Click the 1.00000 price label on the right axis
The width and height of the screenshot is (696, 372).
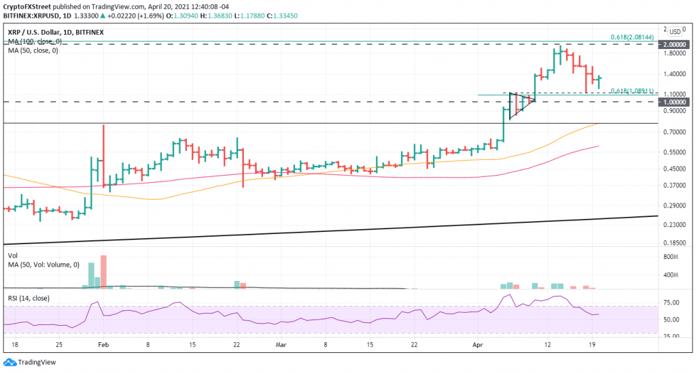[x=675, y=101]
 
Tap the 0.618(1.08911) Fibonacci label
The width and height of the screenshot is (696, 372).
[x=632, y=90]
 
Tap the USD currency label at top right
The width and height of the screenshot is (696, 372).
[x=676, y=31]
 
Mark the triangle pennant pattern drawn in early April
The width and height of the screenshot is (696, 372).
[x=521, y=104]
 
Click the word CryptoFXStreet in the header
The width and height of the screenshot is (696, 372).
[x=28, y=5]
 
